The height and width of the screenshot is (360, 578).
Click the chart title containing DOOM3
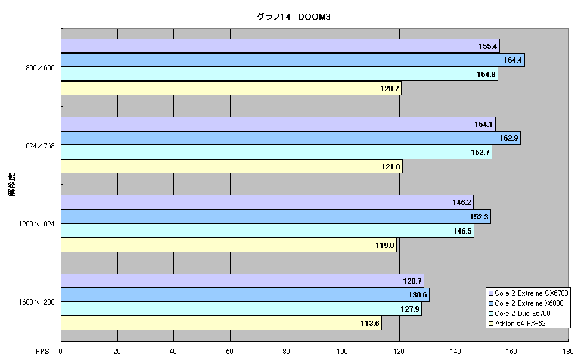click(x=293, y=17)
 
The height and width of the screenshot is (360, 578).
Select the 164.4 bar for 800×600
click(x=293, y=60)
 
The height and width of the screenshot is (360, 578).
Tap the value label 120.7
click(x=390, y=89)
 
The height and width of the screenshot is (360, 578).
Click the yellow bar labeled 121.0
click(x=232, y=166)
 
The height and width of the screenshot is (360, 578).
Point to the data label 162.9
click(x=509, y=138)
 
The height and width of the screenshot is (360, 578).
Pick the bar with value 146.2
click(x=268, y=203)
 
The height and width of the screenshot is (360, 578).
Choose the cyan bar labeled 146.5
click(x=268, y=231)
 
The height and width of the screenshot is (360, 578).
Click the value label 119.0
click(x=385, y=246)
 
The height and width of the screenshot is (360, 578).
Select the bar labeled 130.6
click(x=245, y=294)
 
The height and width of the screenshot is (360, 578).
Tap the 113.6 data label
click(x=369, y=324)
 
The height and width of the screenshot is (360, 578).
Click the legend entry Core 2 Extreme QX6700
click(x=528, y=293)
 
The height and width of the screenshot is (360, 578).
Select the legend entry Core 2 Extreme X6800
click(x=526, y=303)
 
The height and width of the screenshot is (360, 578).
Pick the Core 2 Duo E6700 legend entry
click(x=519, y=314)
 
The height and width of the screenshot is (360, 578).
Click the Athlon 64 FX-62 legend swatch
click(x=490, y=324)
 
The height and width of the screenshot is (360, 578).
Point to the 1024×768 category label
click(x=38, y=146)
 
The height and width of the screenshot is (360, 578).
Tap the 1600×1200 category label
click(x=36, y=302)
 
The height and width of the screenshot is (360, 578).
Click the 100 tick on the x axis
click(x=343, y=352)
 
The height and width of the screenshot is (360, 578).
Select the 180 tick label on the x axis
click(x=568, y=352)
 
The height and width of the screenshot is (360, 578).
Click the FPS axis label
click(x=42, y=352)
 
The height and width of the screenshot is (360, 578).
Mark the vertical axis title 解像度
click(x=12, y=184)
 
